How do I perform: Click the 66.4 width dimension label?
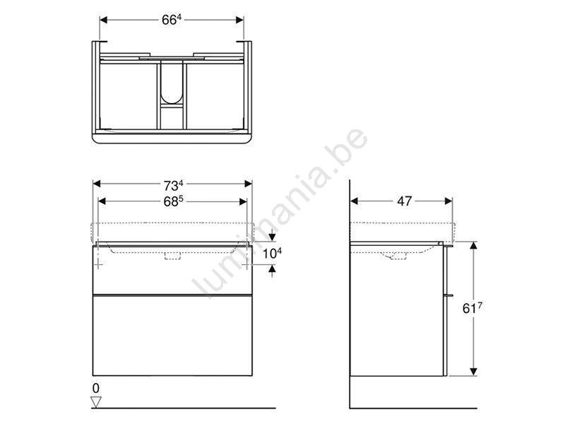pos(172,20)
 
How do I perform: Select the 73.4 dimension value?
pos(173,185)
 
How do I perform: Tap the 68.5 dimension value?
pos(173,201)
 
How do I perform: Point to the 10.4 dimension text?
pos(272,253)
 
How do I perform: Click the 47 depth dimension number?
pos(404,201)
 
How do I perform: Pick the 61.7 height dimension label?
pos(472,308)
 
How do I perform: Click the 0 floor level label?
pos(95,388)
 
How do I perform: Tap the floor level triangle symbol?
pos(96,402)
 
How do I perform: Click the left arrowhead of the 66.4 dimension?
pos(103,20)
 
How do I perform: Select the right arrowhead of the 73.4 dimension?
pos(249,184)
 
